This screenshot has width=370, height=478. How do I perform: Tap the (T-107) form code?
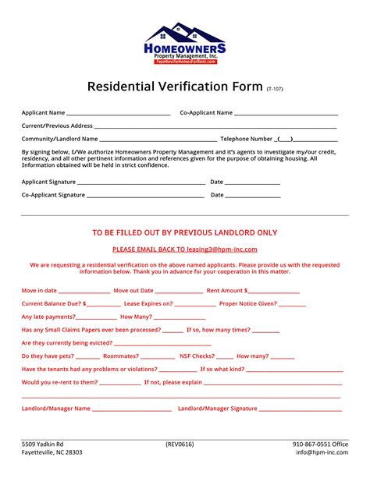(275, 89)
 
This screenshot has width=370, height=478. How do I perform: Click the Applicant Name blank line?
(118, 114)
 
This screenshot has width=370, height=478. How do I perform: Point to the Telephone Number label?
(247, 139)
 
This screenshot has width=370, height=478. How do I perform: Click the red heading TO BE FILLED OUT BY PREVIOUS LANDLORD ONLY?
(185, 232)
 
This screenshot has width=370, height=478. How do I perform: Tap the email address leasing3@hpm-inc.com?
(221, 250)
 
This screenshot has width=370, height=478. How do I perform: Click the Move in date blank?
(82, 291)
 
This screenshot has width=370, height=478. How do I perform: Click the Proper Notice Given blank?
(292, 304)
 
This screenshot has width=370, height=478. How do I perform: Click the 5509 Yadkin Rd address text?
(43, 444)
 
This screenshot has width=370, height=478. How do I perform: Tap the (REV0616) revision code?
(180, 444)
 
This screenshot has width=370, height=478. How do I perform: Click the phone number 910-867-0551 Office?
(321, 444)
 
